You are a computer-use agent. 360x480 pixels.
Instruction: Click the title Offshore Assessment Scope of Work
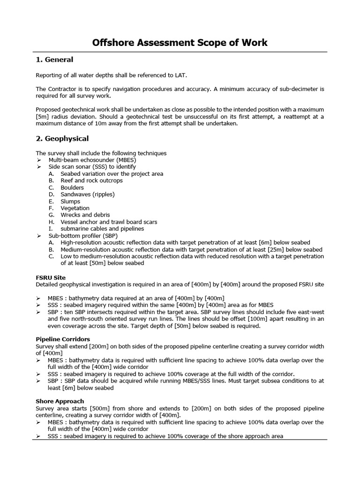click(180, 43)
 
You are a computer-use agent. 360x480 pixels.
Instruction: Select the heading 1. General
click(54, 60)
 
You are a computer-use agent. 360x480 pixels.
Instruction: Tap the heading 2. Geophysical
click(62, 139)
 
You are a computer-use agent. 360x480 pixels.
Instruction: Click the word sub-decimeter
click(289, 89)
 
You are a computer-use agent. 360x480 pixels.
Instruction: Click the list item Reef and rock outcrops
click(91, 180)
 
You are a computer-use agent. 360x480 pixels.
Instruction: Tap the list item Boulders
click(72, 187)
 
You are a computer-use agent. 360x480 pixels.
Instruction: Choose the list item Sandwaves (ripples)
click(87, 194)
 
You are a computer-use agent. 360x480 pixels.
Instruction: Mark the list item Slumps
click(70, 201)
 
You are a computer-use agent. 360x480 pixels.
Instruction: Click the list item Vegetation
click(75, 208)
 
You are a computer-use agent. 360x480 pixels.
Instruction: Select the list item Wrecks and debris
click(85, 215)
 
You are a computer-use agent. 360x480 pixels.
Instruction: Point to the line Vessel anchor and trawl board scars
click(109, 222)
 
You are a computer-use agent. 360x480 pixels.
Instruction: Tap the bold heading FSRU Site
click(51, 277)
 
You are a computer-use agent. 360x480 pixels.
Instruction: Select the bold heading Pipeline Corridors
click(63, 339)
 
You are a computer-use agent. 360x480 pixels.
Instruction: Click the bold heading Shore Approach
click(60, 401)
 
